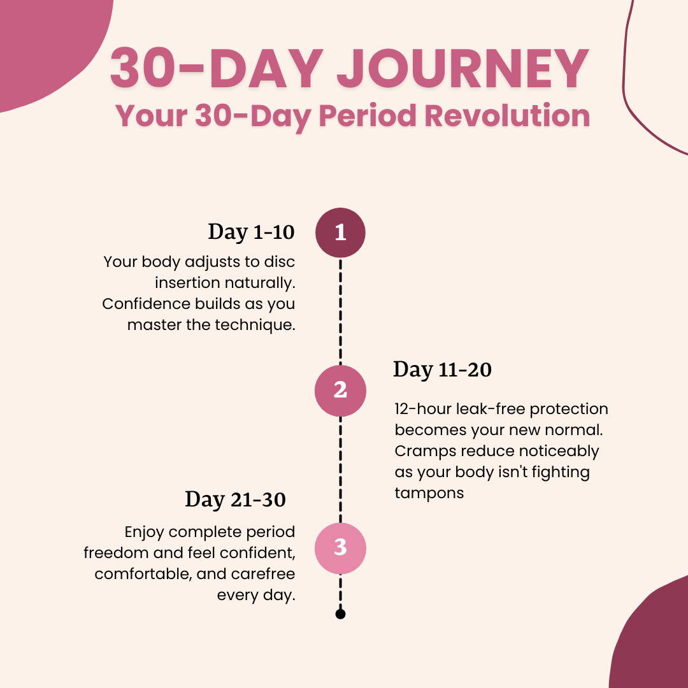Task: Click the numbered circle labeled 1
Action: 340,233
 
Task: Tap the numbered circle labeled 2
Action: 340,391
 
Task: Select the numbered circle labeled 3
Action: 340,548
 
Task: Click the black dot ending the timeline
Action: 340,614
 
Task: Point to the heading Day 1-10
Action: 251,232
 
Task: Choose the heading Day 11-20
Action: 442,369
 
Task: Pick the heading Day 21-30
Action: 235,500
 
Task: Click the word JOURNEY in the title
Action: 463,69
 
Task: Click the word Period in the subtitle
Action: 368,116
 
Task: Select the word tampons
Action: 429,494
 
